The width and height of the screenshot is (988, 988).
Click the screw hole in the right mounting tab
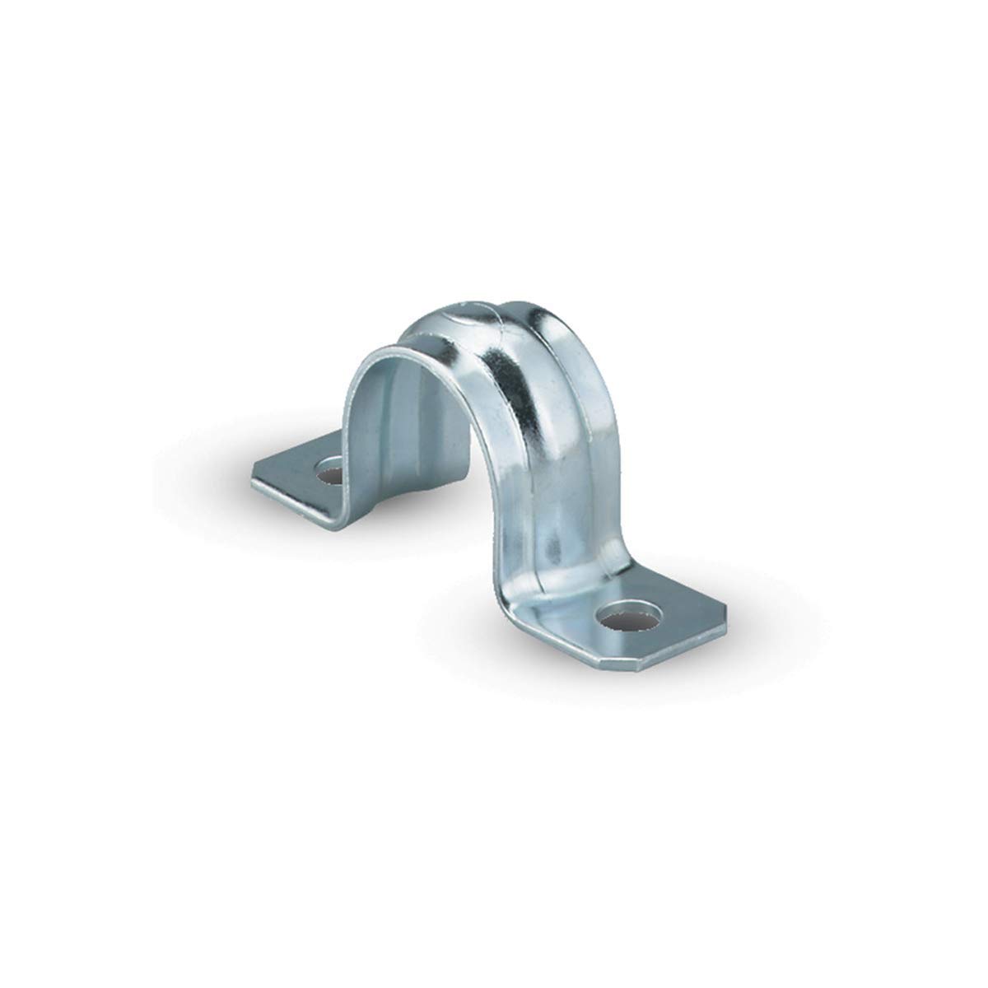(631, 617)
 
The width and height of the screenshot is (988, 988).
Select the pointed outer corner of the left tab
(253, 472)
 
